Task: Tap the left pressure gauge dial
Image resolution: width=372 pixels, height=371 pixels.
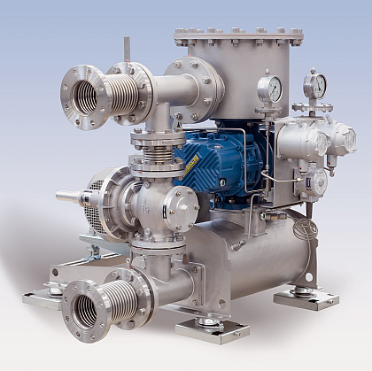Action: [x=271, y=89]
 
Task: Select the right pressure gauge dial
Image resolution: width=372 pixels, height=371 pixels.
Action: [x=314, y=86]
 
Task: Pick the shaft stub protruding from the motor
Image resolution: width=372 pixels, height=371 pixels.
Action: [x=69, y=196]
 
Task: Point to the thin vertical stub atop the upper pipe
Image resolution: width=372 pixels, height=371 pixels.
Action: [x=127, y=50]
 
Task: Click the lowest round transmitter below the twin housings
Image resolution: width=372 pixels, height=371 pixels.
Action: [x=317, y=182]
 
